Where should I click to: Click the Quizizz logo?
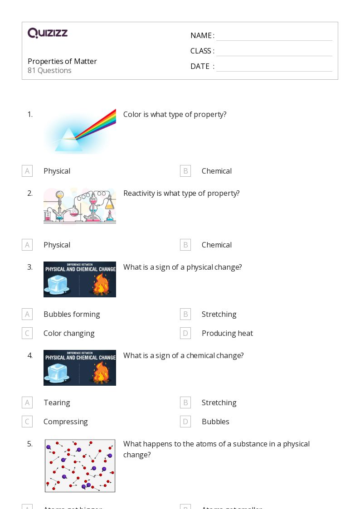(x=48, y=33)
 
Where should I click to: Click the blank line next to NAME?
(x=274, y=36)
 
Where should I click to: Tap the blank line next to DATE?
(x=274, y=67)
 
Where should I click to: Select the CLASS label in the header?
(x=201, y=51)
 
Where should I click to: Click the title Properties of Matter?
(x=62, y=61)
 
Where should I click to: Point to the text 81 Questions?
(x=49, y=70)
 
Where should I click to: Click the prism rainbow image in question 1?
(x=80, y=131)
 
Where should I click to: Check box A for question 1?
(x=27, y=171)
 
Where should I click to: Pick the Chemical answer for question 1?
(x=216, y=171)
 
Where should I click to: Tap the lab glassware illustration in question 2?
(x=80, y=206)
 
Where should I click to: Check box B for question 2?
(x=185, y=245)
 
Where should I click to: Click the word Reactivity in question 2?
(x=139, y=193)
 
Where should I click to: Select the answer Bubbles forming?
(x=72, y=314)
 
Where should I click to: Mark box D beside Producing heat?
(x=185, y=333)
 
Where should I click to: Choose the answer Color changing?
(x=69, y=333)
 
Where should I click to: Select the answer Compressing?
(x=66, y=422)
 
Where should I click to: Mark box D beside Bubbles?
(x=185, y=422)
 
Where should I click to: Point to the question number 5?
(x=30, y=444)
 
